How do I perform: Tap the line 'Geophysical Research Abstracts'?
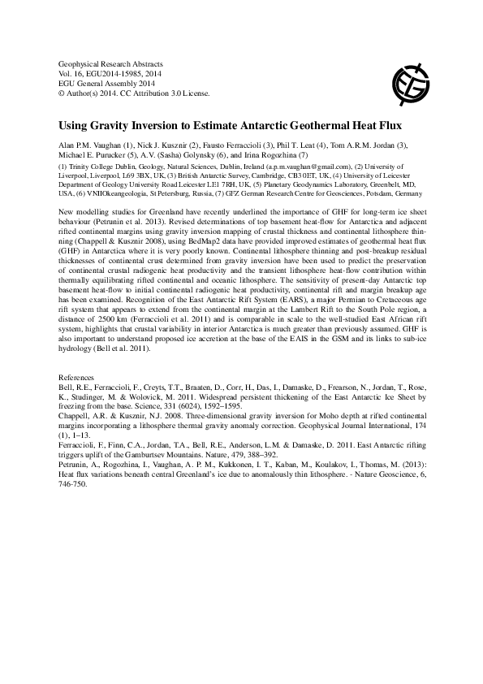coord(111,63)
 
